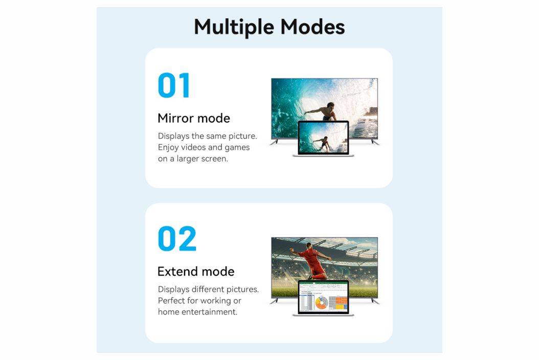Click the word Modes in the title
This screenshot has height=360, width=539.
click(x=313, y=27)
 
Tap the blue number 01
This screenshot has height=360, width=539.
click(x=174, y=85)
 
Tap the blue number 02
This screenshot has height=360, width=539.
click(x=177, y=239)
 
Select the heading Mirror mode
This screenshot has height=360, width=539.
click(x=194, y=118)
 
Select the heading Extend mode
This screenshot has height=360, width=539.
click(x=196, y=272)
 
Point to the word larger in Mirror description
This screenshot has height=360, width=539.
click(x=189, y=159)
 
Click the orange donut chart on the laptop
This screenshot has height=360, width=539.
click(x=322, y=303)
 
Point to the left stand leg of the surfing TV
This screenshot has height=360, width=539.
click(x=274, y=142)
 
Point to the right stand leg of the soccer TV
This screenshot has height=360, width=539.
click(x=375, y=301)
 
